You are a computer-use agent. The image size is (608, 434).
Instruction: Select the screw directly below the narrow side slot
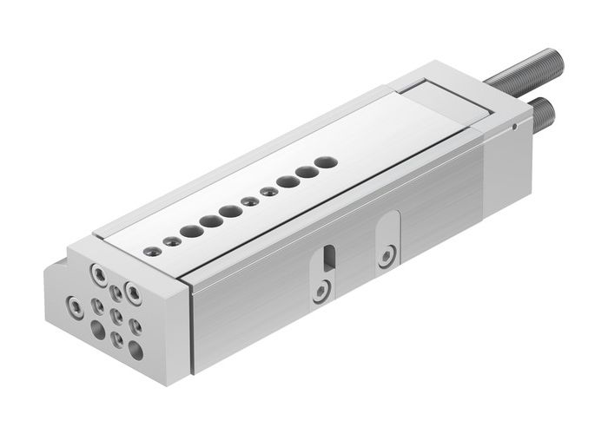tap(322, 289)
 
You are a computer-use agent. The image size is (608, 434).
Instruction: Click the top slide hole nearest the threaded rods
tap(325, 161)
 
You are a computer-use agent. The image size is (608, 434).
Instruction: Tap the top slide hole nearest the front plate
tap(153, 250)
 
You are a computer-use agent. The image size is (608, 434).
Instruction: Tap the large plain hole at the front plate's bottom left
tap(98, 330)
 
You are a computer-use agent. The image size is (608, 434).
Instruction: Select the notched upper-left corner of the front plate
tap(72, 260)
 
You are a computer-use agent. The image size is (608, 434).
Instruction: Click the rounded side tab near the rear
tap(388, 240)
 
